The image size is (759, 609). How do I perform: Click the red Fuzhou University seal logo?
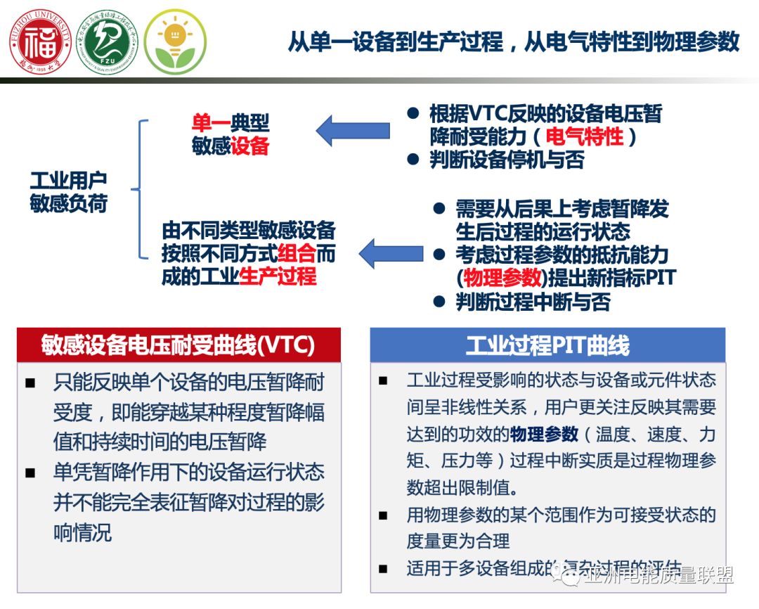tap(39, 41)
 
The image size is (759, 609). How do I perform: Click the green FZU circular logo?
tap(107, 41)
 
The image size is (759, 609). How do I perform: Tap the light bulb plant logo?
tap(175, 41)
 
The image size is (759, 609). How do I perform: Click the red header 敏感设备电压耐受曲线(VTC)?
tap(179, 345)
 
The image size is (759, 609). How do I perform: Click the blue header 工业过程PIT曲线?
tap(547, 345)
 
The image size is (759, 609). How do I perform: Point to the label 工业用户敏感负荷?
tap(68, 191)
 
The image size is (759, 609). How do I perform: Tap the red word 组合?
tap(297, 253)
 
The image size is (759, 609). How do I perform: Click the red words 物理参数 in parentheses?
tap(500, 277)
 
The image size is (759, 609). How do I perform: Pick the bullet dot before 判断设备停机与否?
tap(414, 160)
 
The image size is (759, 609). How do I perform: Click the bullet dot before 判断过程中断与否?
tap(439, 302)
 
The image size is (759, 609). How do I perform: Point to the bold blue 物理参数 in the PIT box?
tap(545, 433)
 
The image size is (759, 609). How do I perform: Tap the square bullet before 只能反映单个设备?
tap(30, 384)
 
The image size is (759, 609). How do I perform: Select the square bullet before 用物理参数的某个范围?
tap(382, 515)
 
